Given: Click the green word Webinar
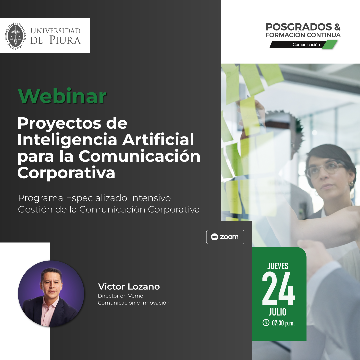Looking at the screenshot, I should [x=62, y=96].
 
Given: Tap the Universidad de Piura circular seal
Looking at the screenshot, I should [x=16, y=36].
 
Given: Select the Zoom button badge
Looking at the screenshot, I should [x=225, y=237].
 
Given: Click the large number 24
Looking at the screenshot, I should [x=278, y=289].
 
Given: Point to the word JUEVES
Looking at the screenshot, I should [x=278, y=266].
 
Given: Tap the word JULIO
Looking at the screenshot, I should [x=277, y=312].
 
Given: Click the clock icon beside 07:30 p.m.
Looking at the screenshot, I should [x=266, y=322].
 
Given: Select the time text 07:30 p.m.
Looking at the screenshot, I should [x=283, y=323].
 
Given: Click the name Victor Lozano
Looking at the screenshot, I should [x=129, y=287].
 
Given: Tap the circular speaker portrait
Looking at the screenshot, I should [x=51, y=293].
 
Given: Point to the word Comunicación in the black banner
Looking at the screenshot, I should [x=306, y=45].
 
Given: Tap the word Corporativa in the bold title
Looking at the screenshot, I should [x=66, y=173].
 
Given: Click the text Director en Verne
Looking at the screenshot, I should [x=120, y=296].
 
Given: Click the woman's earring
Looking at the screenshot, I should [x=351, y=184].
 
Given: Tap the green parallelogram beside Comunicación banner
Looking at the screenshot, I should [x=329, y=45].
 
